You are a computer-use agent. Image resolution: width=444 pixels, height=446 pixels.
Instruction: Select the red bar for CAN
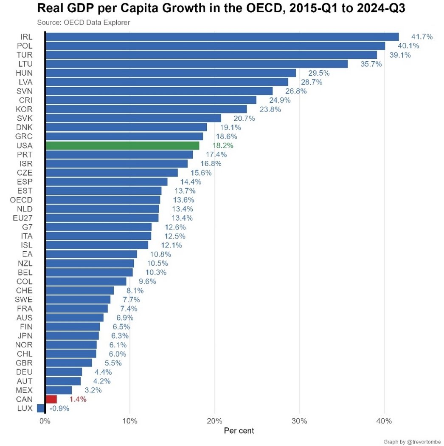click(x=51, y=399)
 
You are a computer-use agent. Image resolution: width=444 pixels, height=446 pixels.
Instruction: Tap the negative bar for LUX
click(x=41, y=408)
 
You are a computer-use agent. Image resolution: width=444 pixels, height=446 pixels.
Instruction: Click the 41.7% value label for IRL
click(x=422, y=37)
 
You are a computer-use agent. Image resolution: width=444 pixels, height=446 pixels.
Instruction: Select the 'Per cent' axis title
click(x=239, y=431)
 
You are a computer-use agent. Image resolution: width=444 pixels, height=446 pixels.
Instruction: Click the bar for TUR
click(x=211, y=55)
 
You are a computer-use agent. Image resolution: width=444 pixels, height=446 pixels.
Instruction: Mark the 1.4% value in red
click(x=77, y=399)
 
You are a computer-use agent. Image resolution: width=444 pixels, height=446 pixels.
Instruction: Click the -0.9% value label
click(x=59, y=408)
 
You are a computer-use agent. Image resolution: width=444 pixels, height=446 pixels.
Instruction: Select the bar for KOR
click(x=146, y=109)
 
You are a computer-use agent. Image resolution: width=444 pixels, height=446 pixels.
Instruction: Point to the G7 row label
click(x=27, y=227)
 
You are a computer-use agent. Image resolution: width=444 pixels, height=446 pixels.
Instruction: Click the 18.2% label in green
click(x=222, y=145)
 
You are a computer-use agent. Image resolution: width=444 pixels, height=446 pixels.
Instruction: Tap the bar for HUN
click(x=170, y=73)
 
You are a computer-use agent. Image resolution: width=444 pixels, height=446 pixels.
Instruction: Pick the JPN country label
click(x=25, y=335)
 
